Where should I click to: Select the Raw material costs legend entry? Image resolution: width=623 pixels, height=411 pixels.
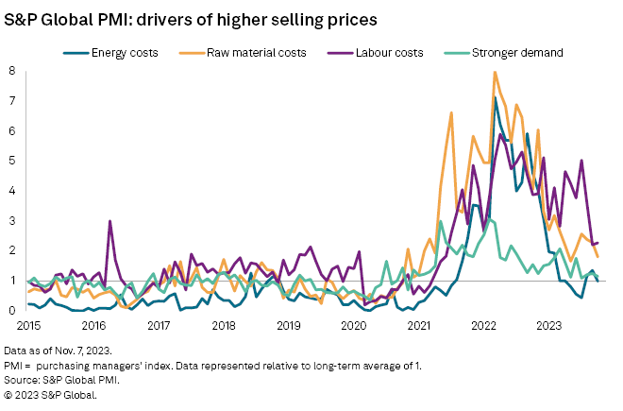pyautogui.click(x=262, y=53)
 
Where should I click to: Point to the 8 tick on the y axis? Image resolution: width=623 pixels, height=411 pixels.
pyautogui.click(x=11, y=71)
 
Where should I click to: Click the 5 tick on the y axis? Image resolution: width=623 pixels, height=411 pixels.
pyautogui.click(x=11, y=161)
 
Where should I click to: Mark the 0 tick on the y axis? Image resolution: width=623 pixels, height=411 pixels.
pyautogui.click(x=11, y=310)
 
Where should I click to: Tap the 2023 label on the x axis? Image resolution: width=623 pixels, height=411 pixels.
pyautogui.click(x=548, y=326)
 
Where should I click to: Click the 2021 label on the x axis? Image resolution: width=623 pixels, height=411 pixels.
pyautogui.click(x=418, y=326)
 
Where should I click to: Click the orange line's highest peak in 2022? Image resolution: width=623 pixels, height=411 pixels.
pyautogui.click(x=495, y=72)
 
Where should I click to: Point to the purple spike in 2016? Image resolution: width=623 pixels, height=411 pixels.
pyautogui.click(x=109, y=221)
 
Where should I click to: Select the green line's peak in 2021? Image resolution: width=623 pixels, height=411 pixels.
pyautogui.click(x=441, y=221)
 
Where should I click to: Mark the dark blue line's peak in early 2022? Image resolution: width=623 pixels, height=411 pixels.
pyautogui.click(x=495, y=97)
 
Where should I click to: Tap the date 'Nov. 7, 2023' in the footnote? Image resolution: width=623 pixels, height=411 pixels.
pyautogui.click(x=94, y=350)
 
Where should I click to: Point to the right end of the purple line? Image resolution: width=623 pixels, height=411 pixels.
pyautogui.click(x=598, y=243)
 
